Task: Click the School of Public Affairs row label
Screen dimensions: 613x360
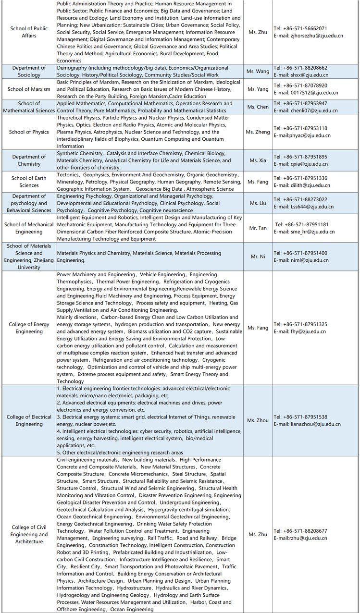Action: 29,32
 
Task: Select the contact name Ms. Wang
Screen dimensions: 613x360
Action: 259,72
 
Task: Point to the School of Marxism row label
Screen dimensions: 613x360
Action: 29,89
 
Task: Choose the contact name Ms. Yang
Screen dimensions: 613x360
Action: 259,89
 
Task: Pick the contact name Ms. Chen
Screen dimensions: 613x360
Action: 259,107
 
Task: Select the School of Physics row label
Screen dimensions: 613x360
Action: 29,132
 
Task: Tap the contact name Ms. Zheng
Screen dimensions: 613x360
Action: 259,132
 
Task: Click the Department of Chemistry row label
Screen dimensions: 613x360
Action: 29,160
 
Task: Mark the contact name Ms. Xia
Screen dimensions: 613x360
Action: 259,160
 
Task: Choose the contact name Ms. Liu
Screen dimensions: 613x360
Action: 259,203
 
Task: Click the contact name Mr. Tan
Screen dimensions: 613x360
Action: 259,228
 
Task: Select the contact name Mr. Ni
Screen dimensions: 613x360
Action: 259,257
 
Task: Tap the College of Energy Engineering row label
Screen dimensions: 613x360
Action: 29,328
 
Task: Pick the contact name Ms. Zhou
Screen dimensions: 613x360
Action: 259,420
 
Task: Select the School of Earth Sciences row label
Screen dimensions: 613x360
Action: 29,182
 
